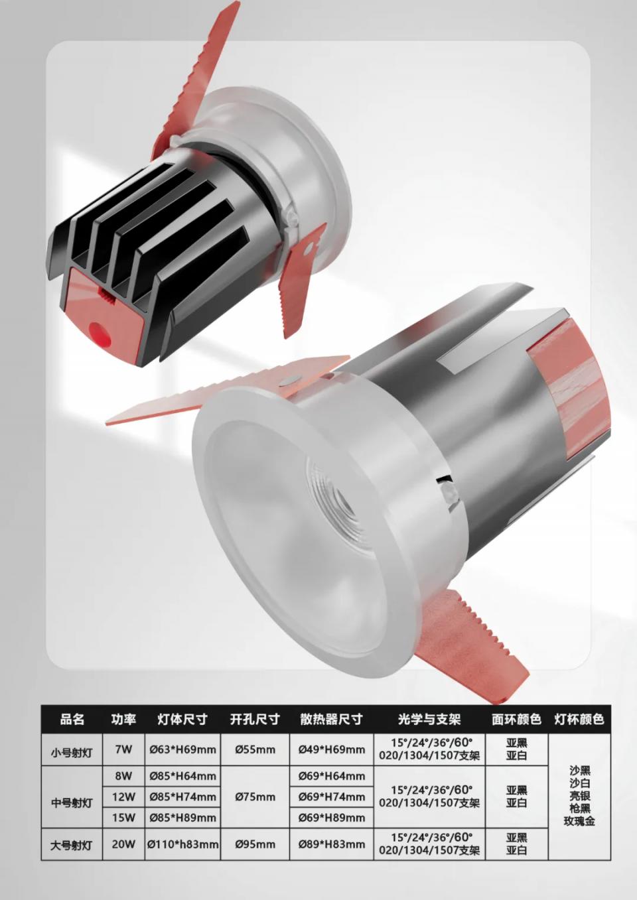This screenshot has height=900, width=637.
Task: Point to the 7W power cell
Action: click(x=123, y=749)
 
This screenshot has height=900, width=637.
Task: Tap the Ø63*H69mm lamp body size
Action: click(x=183, y=749)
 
